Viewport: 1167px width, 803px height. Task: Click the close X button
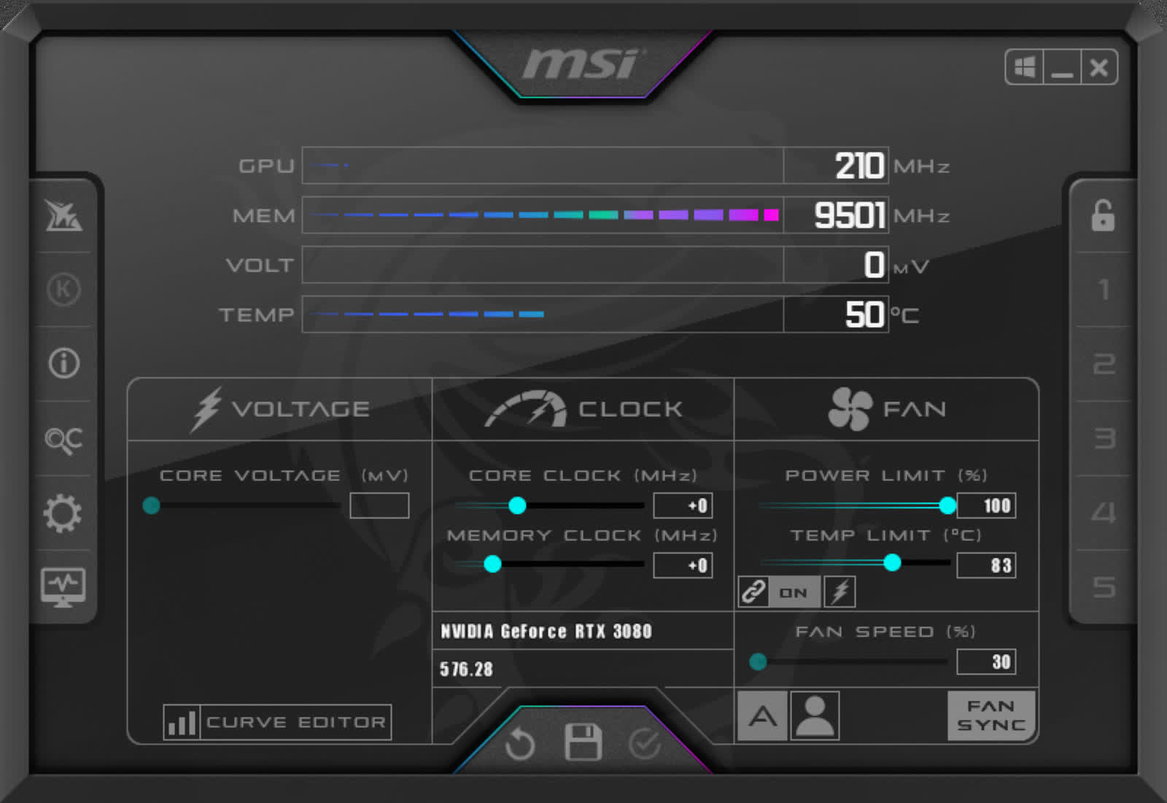point(1098,67)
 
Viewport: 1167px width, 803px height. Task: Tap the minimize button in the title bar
point(1062,67)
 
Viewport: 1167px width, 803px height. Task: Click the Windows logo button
point(1024,67)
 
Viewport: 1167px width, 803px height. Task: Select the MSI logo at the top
point(583,64)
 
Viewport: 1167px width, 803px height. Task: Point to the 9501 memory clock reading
point(849,215)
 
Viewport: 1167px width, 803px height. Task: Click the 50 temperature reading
point(865,315)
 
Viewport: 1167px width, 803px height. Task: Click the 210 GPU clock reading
point(860,166)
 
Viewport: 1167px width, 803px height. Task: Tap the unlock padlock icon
point(1103,215)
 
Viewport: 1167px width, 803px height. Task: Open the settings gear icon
point(63,513)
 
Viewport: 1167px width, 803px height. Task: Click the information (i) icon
point(64,363)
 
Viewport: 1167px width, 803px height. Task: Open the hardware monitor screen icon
point(63,588)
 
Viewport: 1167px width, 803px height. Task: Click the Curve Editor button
point(277,722)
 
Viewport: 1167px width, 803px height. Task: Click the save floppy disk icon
point(583,742)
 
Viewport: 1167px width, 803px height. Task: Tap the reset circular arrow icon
point(520,744)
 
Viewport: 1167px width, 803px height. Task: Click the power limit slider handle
point(947,505)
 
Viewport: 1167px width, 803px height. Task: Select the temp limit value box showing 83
point(986,565)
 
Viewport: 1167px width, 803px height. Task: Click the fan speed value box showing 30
point(986,661)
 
